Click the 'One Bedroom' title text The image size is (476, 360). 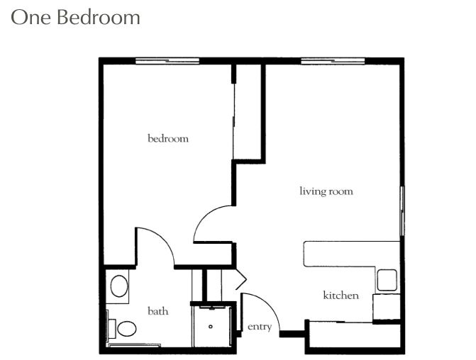pos(75,17)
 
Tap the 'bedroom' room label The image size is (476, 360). pos(168,139)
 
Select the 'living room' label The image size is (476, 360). pos(326,191)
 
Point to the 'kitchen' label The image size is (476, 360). pos(341,295)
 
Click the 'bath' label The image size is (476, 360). pos(158,311)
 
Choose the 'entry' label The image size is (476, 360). pos(260,327)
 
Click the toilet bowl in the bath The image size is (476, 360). pos(127,328)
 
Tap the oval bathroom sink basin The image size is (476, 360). pos(119,286)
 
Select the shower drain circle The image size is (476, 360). pos(211,327)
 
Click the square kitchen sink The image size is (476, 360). pos(387,280)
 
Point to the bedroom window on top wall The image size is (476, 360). pos(167,61)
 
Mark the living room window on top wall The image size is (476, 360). pos(333,61)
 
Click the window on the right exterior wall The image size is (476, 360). pos(402,210)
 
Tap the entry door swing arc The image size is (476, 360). pos(269,304)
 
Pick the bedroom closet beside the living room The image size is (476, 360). pos(248,112)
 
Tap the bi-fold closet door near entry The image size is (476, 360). pos(240,279)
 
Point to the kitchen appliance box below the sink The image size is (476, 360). pos(387,307)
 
